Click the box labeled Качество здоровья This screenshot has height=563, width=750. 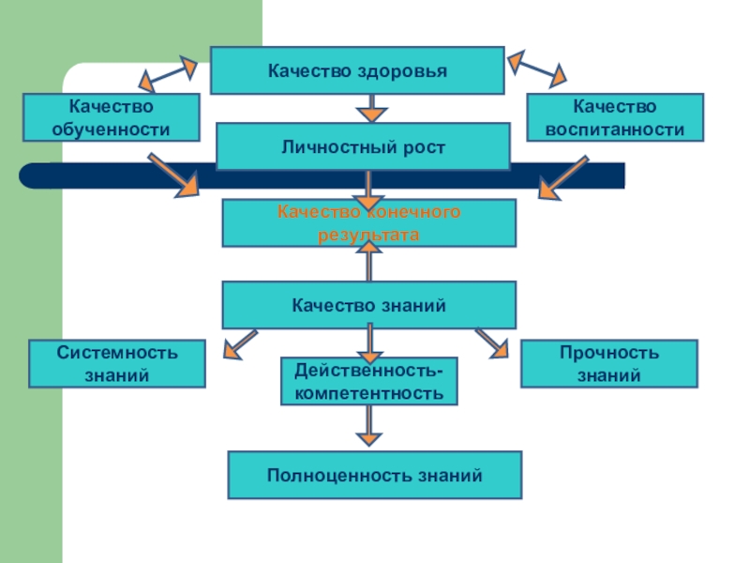point(357,71)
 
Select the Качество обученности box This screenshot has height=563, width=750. point(111,117)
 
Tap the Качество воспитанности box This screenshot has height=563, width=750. point(614,117)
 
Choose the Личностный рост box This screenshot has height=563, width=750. point(363,146)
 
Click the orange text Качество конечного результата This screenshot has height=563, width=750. point(368,223)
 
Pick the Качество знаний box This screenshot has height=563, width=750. point(368,305)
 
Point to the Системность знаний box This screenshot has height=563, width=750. point(117,364)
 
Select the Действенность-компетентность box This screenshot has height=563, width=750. point(369,381)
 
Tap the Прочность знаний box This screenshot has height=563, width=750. point(608,364)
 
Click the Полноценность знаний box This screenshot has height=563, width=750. point(375,475)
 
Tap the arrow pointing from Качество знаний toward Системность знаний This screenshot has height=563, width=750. point(240,343)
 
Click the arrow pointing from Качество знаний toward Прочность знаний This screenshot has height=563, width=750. point(491,342)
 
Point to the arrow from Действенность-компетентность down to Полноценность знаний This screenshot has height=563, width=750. point(370,426)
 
